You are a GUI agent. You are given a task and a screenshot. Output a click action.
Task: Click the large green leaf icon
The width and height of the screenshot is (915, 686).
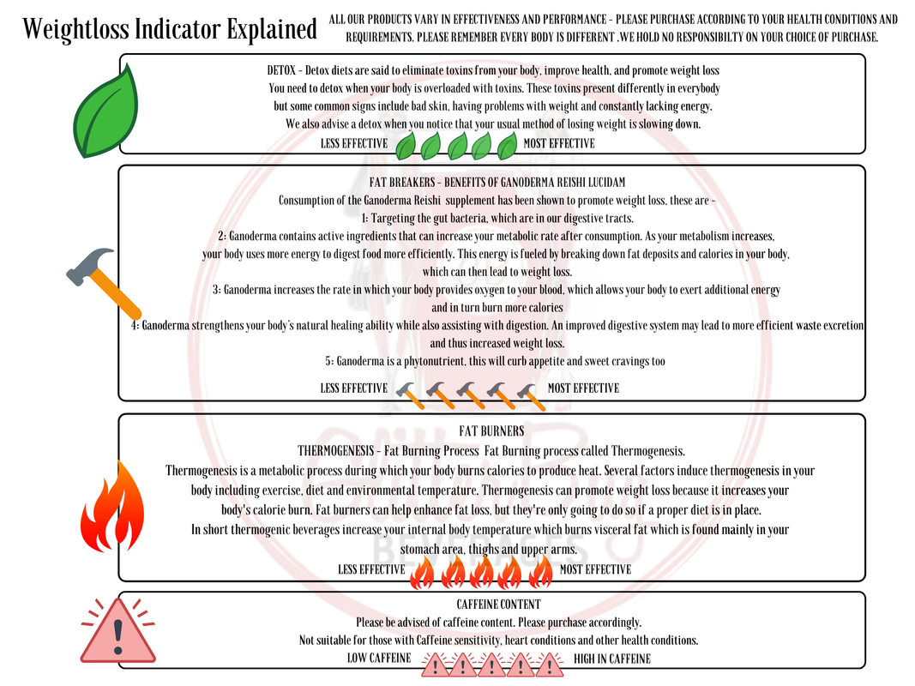pos(107,111)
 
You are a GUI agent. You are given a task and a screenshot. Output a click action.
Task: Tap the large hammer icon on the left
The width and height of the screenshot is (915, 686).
pos(103,280)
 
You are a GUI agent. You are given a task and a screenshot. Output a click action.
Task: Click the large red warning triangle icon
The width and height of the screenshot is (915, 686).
pos(117,632)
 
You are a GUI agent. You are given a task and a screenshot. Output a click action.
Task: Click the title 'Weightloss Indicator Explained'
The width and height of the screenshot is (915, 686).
pos(170,29)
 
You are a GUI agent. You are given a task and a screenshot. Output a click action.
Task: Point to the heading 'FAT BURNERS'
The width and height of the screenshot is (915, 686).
pos(491,431)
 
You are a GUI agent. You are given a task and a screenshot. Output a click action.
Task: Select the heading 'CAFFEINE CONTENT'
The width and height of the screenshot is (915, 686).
pos(498,605)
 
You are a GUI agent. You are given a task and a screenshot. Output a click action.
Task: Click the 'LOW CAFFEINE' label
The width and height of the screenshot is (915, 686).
pos(378,659)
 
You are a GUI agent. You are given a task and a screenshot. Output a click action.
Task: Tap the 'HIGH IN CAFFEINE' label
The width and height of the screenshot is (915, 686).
pos(611,659)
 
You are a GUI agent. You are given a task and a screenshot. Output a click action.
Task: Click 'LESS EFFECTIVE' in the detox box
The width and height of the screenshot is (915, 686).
pos(353,143)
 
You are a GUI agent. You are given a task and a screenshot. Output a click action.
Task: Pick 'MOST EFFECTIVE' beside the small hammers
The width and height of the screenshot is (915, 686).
pos(583,388)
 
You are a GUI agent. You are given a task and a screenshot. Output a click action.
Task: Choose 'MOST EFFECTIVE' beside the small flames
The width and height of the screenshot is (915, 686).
pos(595,569)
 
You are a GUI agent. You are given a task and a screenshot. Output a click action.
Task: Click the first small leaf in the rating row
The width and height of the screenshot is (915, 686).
pos(406,146)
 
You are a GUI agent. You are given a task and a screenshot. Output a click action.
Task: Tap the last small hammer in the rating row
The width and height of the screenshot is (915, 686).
pos(531,394)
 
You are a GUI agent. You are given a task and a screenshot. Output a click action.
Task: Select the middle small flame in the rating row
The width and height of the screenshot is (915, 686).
pos(482,572)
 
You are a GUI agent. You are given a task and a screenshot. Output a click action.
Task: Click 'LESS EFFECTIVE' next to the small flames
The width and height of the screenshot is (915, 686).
pos(371,569)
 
